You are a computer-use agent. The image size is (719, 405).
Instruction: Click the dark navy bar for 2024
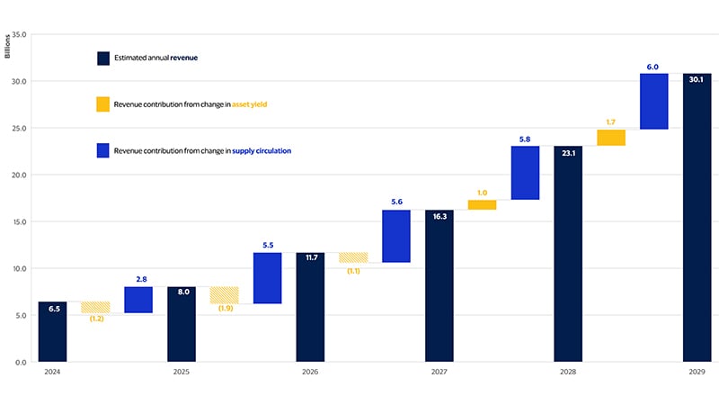[x=52, y=331]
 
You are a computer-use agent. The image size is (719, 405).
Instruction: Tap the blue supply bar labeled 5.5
[x=267, y=278]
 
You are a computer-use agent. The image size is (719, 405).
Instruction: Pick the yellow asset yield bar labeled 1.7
[x=611, y=138]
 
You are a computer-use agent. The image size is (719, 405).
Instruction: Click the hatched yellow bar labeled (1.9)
[x=224, y=294]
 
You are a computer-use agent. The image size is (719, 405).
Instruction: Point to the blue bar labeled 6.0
[x=653, y=102]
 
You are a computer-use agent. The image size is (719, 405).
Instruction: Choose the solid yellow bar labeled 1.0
[x=482, y=205]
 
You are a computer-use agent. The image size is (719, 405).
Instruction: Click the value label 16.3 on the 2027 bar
[x=439, y=217]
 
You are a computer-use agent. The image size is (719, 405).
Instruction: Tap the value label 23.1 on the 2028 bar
[x=568, y=153]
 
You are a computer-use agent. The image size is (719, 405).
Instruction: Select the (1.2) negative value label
[x=94, y=319]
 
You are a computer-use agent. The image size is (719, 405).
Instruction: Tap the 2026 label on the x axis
[x=310, y=372]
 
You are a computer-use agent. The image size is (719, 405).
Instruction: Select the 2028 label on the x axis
[x=568, y=372]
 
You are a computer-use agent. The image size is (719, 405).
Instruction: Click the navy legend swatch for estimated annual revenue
[x=103, y=58]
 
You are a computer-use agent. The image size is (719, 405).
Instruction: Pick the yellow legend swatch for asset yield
[x=103, y=104]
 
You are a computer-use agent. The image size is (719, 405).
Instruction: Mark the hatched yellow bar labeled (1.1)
[x=353, y=257]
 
